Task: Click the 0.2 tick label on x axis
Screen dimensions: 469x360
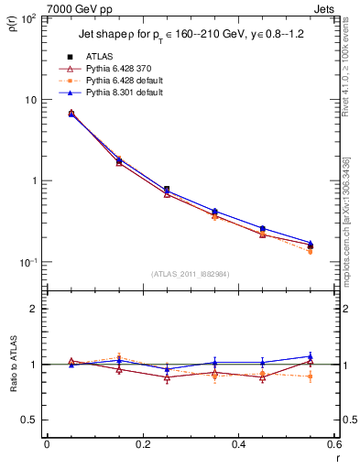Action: click(142, 444)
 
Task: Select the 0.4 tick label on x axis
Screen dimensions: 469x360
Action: click(238, 444)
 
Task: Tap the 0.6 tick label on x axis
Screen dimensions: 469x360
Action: click(333, 444)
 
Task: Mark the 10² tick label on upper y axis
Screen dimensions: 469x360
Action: click(28, 18)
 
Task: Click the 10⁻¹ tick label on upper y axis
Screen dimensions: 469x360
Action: click(28, 262)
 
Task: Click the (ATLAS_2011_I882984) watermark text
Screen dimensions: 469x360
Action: click(190, 273)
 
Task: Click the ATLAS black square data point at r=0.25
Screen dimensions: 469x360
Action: click(166, 190)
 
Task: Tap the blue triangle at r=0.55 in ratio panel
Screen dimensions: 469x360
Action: click(311, 356)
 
